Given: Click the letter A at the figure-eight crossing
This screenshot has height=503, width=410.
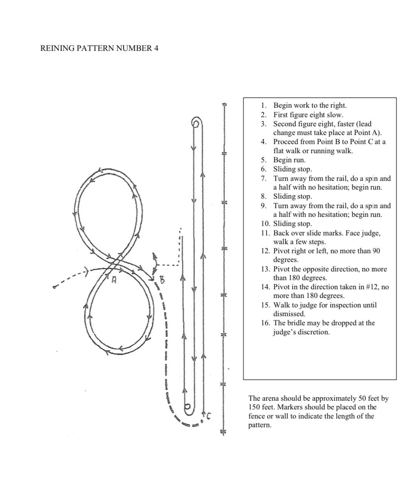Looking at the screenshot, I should (x=113, y=281).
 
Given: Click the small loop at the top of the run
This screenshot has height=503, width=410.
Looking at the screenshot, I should (x=196, y=122).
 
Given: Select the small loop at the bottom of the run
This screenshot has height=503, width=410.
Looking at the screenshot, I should (x=188, y=407).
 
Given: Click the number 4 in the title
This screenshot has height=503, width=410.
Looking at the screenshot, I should (x=156, y=48).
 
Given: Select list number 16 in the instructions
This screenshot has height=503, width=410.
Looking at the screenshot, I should (x=265, y=323).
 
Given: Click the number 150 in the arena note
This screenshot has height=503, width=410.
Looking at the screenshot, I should (x=255, y=407).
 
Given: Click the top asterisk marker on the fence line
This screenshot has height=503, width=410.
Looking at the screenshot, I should (x=224, y=104).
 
